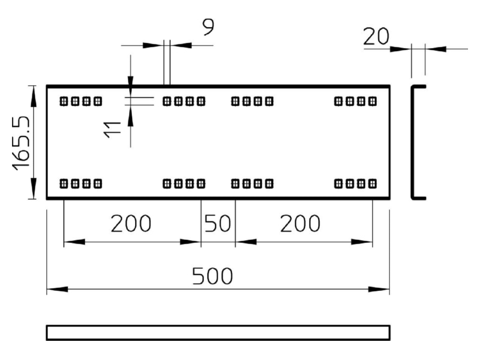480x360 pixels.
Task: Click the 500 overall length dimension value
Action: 212,276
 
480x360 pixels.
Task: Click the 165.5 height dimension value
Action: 21,143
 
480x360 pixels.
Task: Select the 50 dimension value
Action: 218,223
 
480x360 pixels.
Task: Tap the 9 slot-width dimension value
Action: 208,27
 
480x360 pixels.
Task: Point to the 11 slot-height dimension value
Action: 112,130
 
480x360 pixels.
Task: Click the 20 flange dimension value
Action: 376,37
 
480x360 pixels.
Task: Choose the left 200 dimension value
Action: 131,223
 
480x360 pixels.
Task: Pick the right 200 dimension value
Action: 301,223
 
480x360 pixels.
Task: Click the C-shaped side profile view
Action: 412,142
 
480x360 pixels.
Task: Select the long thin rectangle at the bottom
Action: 218,332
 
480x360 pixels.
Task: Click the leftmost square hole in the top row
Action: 64,101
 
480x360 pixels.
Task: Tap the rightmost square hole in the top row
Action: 373,101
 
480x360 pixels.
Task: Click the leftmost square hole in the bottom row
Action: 64,184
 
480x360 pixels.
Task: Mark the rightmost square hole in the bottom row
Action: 373,184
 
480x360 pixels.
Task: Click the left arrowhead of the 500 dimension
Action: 57,289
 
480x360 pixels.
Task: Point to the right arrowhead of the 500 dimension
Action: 379,289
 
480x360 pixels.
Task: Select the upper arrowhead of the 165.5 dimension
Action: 34,97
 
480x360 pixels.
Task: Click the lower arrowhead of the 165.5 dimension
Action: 34,188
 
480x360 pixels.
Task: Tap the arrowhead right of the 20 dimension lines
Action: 436,49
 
